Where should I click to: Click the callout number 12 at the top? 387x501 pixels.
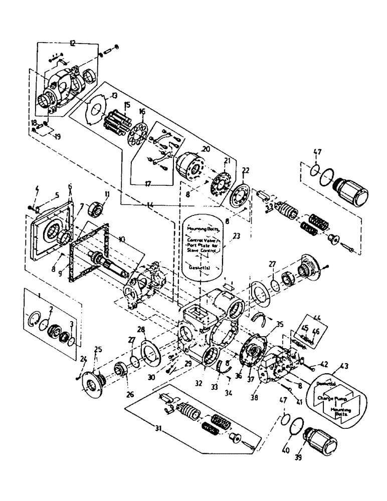click(x=73, y=44)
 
